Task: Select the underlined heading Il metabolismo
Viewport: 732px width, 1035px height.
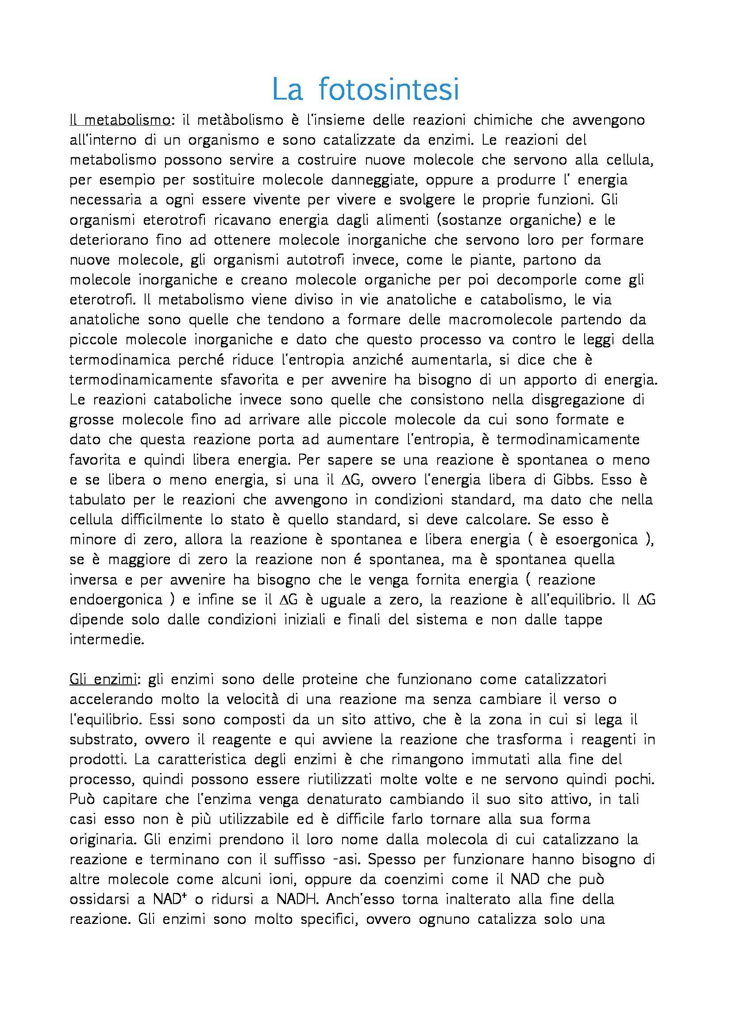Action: point(120,120)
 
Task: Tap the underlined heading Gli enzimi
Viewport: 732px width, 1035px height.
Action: point(105,680)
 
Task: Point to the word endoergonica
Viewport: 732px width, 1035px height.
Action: point(116,600)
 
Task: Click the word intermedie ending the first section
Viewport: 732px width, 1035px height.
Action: point(107,640)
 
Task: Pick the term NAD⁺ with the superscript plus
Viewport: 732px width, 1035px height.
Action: point(170,899)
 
